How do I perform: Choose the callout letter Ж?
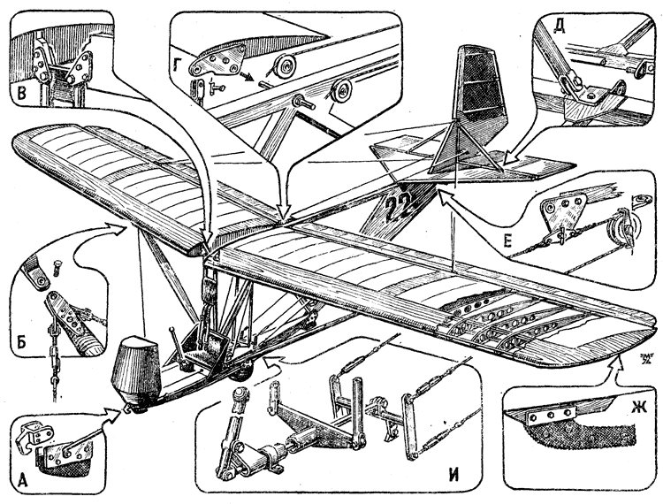click(x=637, y=435)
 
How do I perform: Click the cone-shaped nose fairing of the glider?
click(x=136, y=367)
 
